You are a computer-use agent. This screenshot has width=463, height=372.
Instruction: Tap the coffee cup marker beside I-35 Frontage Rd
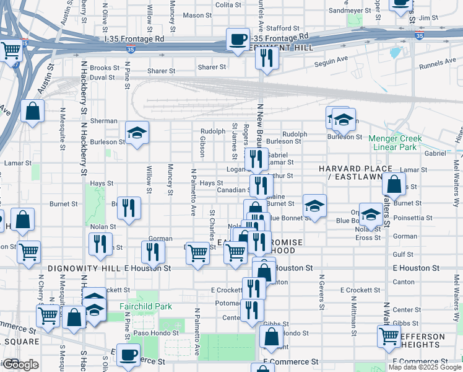coord(238,40)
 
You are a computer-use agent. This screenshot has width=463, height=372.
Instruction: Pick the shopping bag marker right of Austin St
coord(33,112)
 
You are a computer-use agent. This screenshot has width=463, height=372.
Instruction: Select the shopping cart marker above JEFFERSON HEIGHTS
coord(389,336)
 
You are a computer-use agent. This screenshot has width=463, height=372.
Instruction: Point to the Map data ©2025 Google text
coord(424,367)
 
